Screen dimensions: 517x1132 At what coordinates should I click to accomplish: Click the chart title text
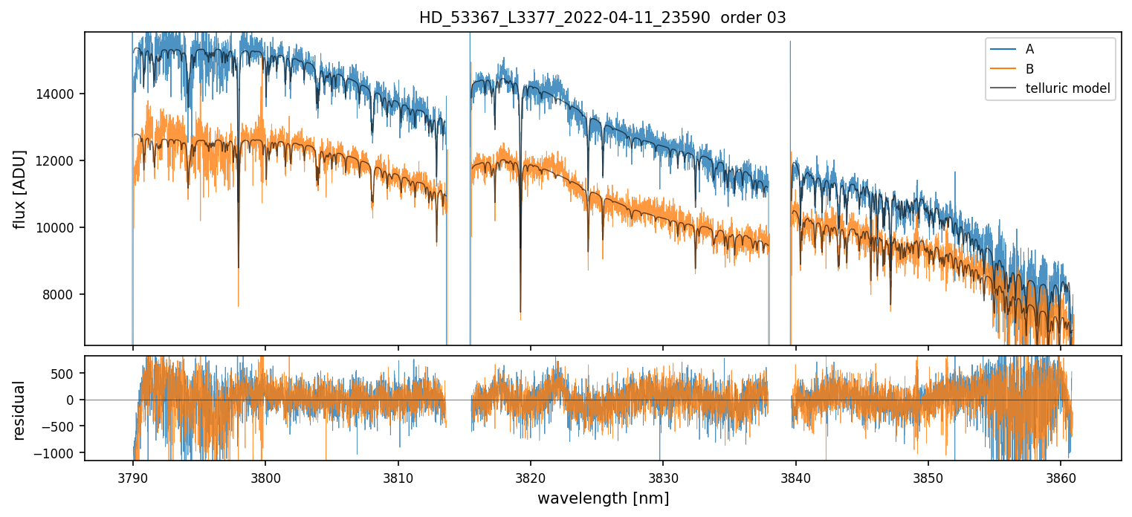(602, 18)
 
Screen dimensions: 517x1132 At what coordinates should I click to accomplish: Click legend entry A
(1029, 49)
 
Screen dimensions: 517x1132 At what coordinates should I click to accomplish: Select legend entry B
(1029, 69)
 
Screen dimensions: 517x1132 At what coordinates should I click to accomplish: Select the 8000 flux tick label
(61, 295)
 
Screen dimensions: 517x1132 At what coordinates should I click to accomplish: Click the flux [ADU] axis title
(20, 189)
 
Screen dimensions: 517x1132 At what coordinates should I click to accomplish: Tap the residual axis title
(20, 410)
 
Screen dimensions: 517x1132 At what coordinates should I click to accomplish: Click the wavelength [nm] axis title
(603, 498)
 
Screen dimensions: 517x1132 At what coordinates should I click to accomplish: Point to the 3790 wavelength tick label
(133, 476)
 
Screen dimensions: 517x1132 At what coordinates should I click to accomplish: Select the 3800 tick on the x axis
(265, 476)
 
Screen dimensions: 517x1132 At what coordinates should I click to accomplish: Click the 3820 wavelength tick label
(531, 476)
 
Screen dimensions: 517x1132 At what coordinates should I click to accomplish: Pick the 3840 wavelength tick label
(796, 476)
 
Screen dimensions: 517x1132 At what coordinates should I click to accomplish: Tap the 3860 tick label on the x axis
(1061, 476)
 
